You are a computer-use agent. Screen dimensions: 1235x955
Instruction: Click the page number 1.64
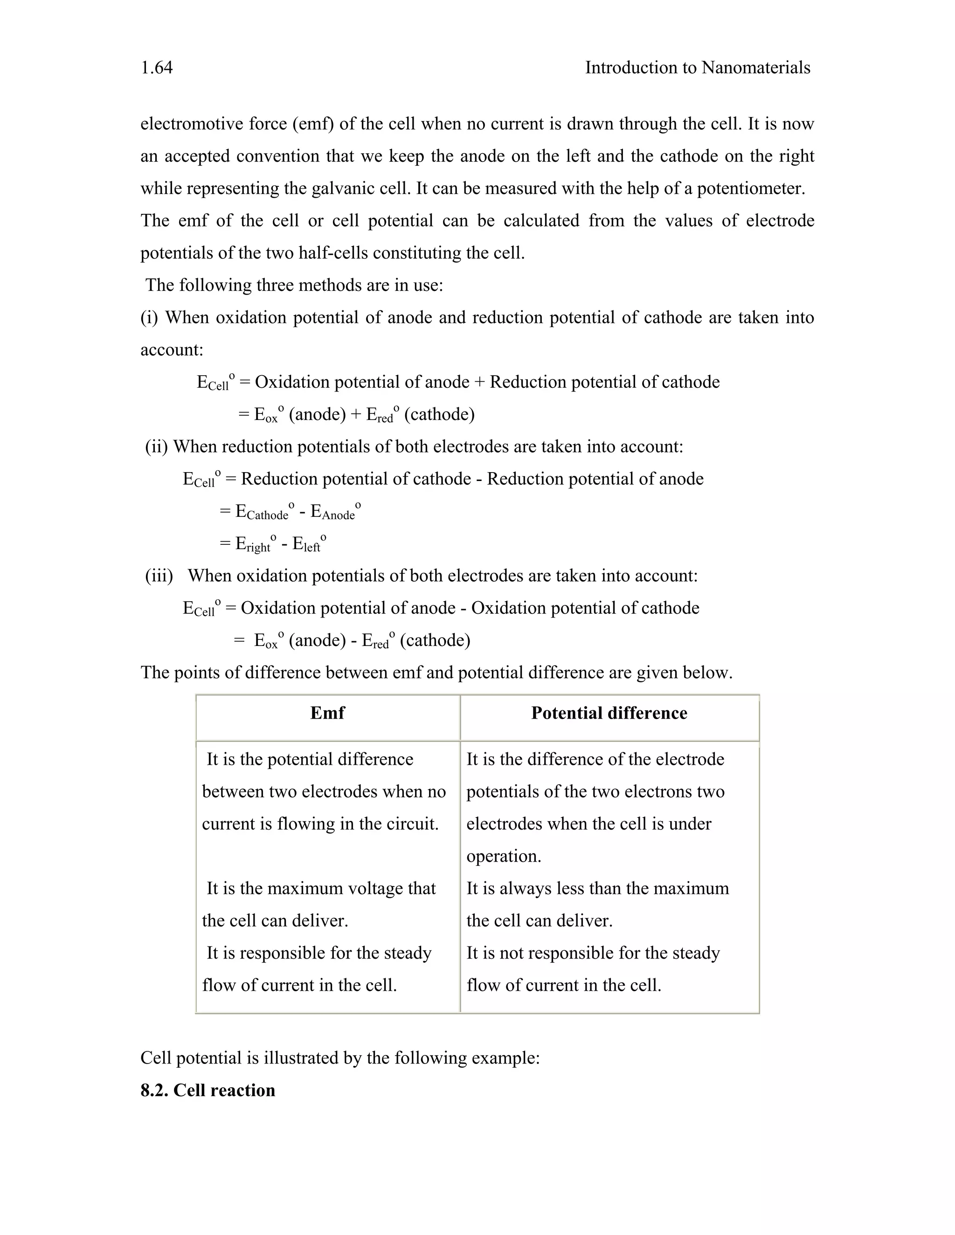coord(157,68)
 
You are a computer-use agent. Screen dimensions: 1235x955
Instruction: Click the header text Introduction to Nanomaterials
coord(697,68)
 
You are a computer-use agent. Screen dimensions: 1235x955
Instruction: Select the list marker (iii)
coord(159,576)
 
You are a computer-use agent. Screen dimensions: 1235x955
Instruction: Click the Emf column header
coord(327,713)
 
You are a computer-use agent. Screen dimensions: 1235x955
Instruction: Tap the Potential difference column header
coord(609,713)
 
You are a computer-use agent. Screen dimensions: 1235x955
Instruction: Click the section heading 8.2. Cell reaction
coord(208,1090)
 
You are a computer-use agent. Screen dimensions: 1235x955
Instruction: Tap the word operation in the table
coord(503,856)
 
